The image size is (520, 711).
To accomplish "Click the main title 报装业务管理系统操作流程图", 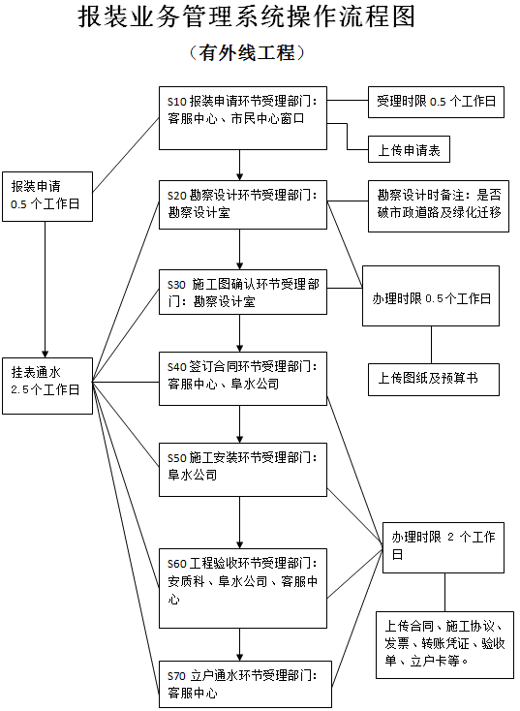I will click(x=246, y=17).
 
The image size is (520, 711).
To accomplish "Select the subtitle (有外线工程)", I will click(x=247, y=53).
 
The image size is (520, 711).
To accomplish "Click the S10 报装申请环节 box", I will click(x=243, y=118).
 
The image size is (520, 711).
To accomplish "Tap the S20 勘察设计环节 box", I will click(x=243, y=203).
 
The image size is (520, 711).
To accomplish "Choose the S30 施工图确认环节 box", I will click(x=243, y=293).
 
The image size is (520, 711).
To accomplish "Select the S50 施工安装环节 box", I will click(x=243, y=467).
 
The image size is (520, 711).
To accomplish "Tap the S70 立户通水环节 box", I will click(x=243, y=684).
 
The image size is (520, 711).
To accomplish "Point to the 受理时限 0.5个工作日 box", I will click(x=436, y=101).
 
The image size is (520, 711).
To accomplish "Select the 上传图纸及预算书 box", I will click(x=433, y=379).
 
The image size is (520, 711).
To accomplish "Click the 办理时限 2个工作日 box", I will click(x=444, y=545).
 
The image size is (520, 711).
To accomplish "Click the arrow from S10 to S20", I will click(x=240, y=165).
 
